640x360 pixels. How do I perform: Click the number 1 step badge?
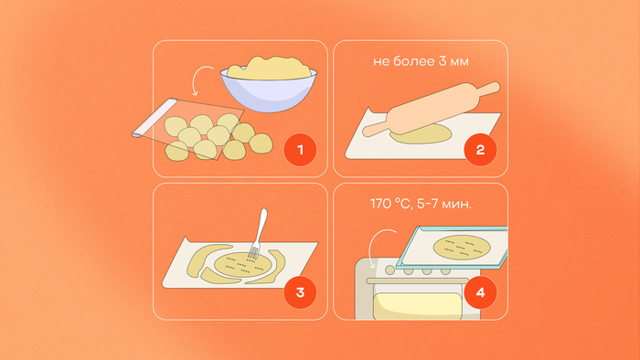(300, 150)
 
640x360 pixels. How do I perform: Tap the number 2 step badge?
(480, 150)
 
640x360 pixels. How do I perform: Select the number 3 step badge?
(300, 292)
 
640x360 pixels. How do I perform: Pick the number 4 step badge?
(480, 292)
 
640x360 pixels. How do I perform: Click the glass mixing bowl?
(269, 90)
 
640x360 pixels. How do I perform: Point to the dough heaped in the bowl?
(269, 68)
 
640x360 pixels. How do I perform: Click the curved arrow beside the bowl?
(201, 79)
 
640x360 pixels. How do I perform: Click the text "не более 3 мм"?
(421, 61)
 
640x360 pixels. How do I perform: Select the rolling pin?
(432, 109)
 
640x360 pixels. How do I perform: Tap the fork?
(258, 234)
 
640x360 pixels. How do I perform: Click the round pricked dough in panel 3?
(242, 265)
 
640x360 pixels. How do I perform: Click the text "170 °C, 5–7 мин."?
(421, 204)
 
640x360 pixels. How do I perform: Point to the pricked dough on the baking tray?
(462, 247)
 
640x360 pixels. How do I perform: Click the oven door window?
(417, 306)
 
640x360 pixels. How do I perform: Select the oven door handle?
(417, 281)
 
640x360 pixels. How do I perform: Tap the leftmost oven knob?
(389, 270)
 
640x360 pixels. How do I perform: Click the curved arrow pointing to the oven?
(379, 248)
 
